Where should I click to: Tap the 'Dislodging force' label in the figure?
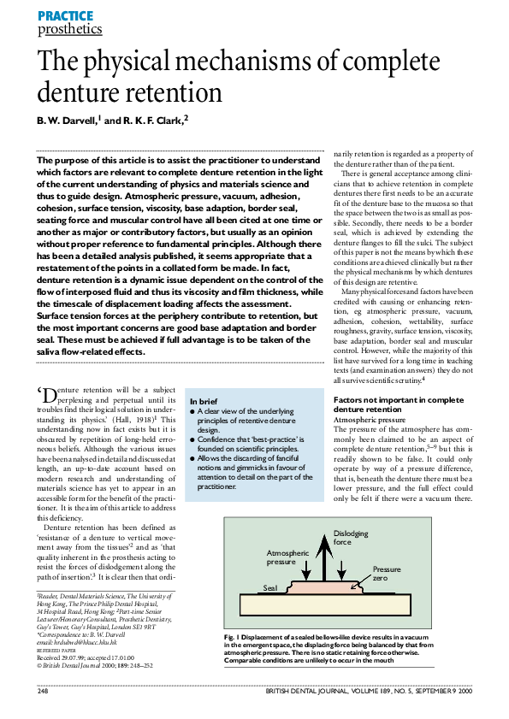pos(353,538)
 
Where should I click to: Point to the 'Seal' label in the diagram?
pos(272,588)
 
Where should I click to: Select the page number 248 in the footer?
pos(43,690)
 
